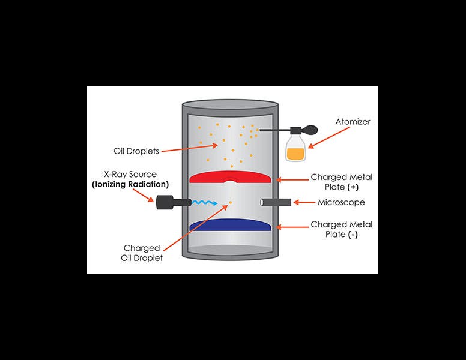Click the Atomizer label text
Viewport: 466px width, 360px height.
pos(353,122)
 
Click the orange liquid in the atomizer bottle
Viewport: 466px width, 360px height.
pos(295,154)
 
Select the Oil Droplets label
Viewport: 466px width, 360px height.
pos(136,151)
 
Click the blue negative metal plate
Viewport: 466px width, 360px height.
pos(231,225)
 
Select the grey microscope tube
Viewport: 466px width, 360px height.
pos(276,202)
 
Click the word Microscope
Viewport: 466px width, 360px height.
pos(341,202)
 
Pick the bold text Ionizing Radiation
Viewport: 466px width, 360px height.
pos(130,184)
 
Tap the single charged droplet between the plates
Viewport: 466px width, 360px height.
pos(230,203)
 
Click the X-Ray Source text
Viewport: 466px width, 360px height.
pos(130,174)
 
